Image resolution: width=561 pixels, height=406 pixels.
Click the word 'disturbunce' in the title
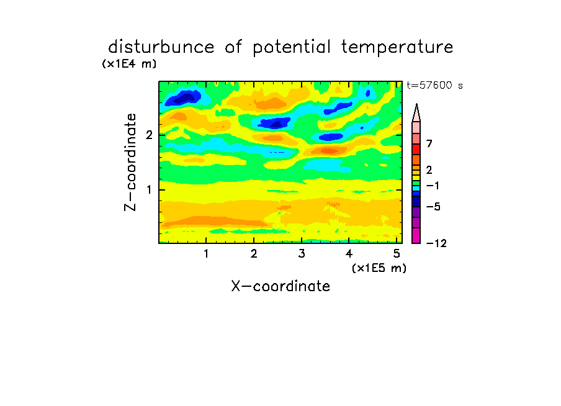(x=161, y=47)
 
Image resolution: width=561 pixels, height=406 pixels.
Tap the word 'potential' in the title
(x=292, y=47)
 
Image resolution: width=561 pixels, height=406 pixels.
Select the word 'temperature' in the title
(x=397, y=47)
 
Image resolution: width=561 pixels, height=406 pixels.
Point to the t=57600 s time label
(x=434, y=85)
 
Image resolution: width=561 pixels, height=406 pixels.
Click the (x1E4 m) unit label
(x=129, y=64)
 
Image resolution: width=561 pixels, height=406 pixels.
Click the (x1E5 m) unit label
(x=379, y=268)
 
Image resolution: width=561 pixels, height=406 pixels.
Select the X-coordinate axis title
(x=280, y=286)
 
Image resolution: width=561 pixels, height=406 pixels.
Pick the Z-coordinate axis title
(x=130, y=162)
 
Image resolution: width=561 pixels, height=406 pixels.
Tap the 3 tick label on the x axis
(x=302, y=253)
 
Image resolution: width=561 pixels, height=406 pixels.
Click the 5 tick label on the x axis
(x=397, y=253)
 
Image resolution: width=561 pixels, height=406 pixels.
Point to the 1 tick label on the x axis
(x=207, y=253)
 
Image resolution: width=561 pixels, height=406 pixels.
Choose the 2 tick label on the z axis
(x=149, y=135)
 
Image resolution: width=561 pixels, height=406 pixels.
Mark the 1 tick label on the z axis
(x=149, y=189)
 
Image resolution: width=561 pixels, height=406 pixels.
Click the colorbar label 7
(x=429, y=143)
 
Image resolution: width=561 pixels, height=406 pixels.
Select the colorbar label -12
(x=436, y=243)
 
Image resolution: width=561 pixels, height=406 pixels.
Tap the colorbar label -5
(x=433, y=207)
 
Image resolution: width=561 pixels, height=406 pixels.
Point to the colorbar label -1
(x=433, y=186)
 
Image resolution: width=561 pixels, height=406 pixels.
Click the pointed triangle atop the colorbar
(x=416, y=112)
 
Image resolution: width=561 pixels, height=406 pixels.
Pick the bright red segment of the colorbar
(x=416, y=149)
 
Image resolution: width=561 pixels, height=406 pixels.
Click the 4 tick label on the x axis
(x=349, y=253)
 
